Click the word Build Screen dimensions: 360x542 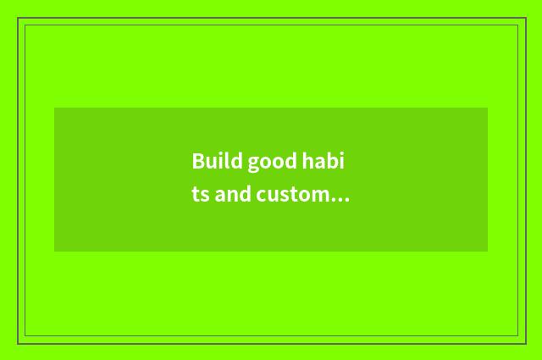[x=213, y=161]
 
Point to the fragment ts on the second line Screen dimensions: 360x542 [x=200, y=196]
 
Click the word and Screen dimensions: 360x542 [x=233, y=195]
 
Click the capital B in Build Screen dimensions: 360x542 [x=198, y=161]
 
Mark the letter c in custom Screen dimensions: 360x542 [x=262, y=197]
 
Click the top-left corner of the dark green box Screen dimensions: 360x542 [x=54, y=108]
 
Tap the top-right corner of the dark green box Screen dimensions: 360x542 [x=488, y=108]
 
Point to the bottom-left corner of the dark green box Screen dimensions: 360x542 [x=54, y=252]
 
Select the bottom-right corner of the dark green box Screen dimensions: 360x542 [x=488, y=252]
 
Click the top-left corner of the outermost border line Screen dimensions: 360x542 [x=18, y=18]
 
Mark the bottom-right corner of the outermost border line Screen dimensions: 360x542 [x=525, y=343]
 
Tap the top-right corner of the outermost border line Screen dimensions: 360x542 [x=525, y=18]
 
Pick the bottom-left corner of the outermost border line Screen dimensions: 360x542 [x=18, y=343]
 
